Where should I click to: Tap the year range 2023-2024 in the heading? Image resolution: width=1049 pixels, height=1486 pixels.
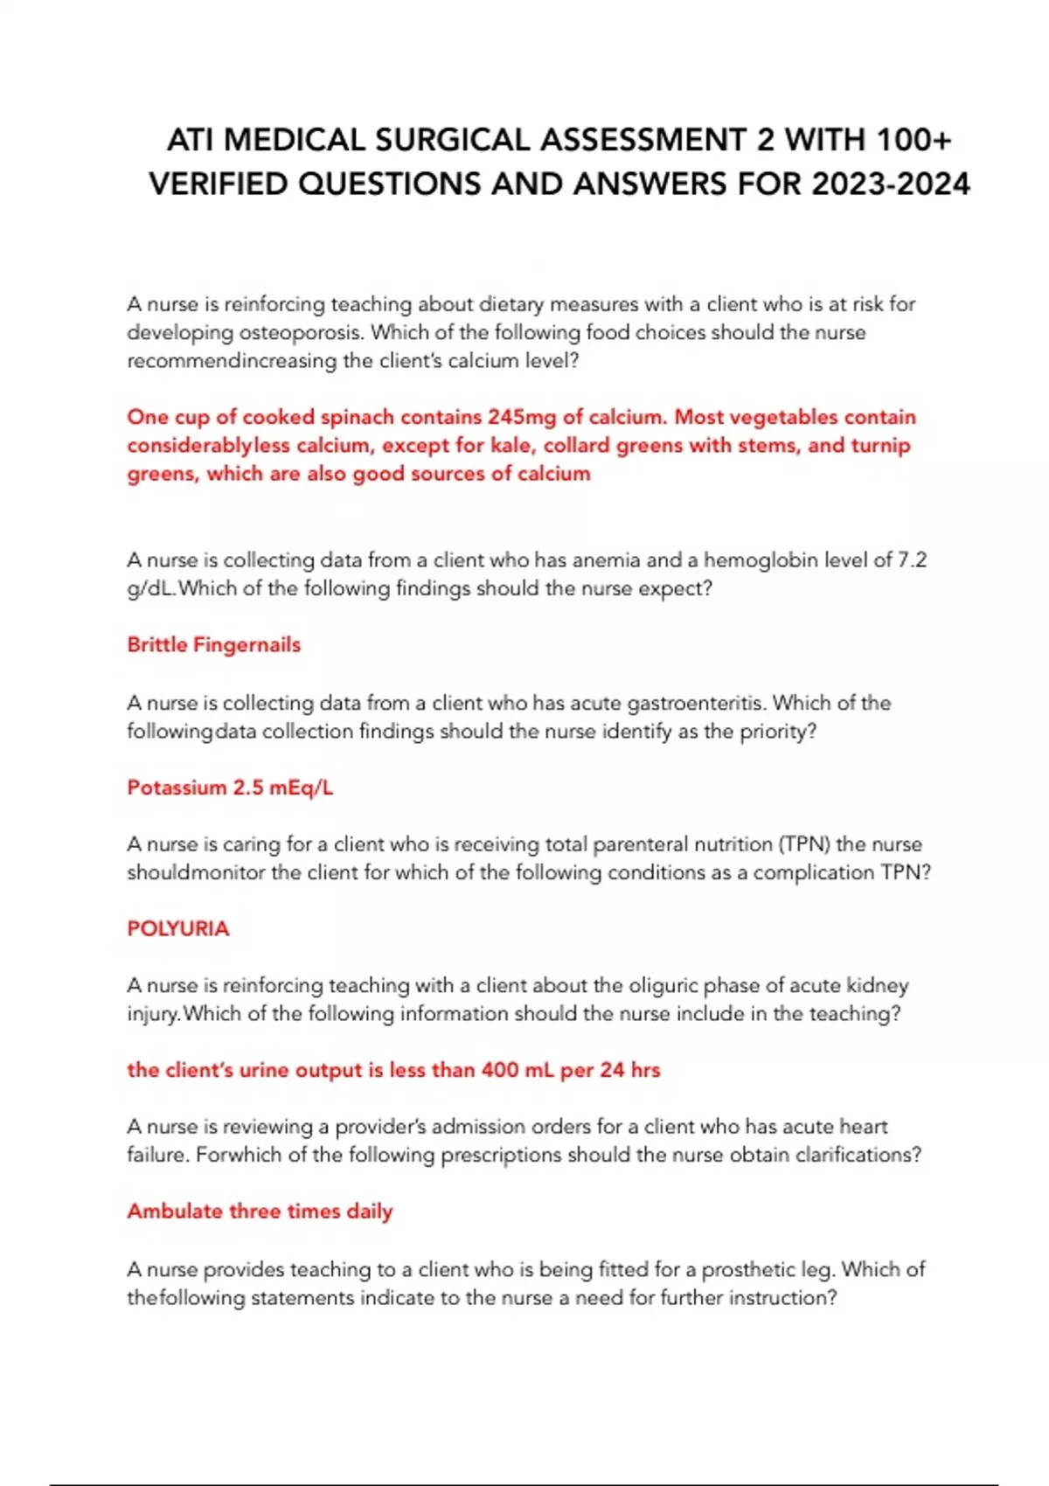click(x=891, y=184)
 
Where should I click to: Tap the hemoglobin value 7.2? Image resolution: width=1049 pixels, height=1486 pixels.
click(x=912, y=560)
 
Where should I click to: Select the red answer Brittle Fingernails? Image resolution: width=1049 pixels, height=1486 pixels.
click(x=214, y=645)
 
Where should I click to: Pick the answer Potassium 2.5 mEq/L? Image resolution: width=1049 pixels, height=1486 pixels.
click(x=230, y=788)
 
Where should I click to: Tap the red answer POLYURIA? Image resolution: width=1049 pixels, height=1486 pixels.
click(x=178, y=929)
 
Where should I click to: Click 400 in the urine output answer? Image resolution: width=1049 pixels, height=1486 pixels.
click(x=499, y=1070)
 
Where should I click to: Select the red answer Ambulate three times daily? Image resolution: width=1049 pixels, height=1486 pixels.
click(x=260, y=1212)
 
